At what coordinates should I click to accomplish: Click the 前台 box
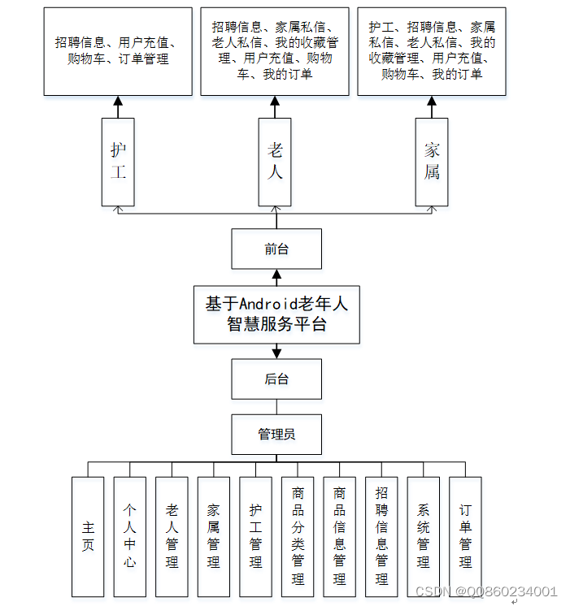tap(276, 249)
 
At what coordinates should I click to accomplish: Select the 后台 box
tap(276, 379)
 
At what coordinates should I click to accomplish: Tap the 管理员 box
tap(276, 435)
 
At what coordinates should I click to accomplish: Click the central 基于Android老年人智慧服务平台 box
tap(276, 314)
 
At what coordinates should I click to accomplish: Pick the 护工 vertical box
tap(118, 162)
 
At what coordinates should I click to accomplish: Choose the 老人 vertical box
tap(276, 162)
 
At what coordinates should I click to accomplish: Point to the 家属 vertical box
tap(432, 162)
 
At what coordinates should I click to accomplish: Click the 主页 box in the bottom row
tap(88, 536)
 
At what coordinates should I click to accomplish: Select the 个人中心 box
tap(130, 536)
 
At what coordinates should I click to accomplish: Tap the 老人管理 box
tap(172, 536)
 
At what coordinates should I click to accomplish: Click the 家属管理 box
tap(214, 536)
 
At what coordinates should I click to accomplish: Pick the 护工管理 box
tap(255, 536)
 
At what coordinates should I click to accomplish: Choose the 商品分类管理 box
tap(298, 536)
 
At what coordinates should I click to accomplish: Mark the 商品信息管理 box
tap(339, 536)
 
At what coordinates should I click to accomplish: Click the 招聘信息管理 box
tap(381, 536)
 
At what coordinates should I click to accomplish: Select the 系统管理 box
tap(423, 536)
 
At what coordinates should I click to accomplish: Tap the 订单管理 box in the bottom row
tap(465, 536)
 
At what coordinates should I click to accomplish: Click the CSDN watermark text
tap(485, 591)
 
